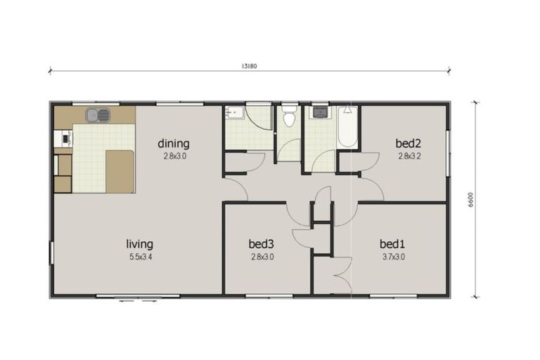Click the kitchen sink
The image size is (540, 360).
(x=97, y=115)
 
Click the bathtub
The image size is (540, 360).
(x=347, y=127)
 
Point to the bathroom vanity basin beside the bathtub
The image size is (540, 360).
(x=320, y=112)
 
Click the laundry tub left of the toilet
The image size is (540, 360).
(x=234, y=113)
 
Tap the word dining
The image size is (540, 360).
(x=173, y=144)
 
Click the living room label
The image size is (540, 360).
(x=139, y=244)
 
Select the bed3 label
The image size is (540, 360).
(x=260, y=244)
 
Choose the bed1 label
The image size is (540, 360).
(x=392, y=244)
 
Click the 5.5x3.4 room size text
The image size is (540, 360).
(x=139, y=257)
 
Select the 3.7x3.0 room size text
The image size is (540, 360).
(x=392, y=257)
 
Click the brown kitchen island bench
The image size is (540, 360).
(x=120, y=171)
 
